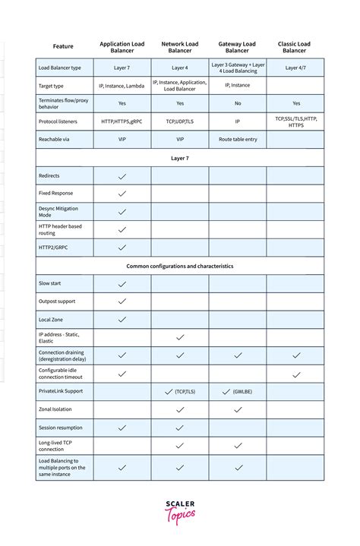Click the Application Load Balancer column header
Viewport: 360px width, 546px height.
tap(122, 47)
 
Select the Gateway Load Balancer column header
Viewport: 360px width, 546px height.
tap(237, 47)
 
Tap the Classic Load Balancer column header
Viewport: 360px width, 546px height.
tap(295, 47)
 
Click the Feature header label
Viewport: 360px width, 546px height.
tap(63, 47)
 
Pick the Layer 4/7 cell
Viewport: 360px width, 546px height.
tap(295, 68)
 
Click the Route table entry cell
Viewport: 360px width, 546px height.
tap(237, 140)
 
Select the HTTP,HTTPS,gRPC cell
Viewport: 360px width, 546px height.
tap(122, 122)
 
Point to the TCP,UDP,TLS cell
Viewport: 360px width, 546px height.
tap(180, 122)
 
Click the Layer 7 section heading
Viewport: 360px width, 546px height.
tap(180, 158)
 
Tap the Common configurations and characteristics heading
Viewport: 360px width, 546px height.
tap(180, 266)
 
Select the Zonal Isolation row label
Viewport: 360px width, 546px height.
tap(55, 409)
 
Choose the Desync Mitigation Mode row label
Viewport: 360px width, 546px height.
tap(58, 211)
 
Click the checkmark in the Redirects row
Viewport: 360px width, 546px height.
tap(122, 176)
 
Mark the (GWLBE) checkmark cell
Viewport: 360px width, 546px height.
tap(237, 392)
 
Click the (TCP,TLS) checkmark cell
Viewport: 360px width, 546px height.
tap(180, 392)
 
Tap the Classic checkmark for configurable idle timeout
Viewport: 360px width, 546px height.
tap(295, 374)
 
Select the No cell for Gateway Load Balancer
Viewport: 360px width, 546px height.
tap(237, 103)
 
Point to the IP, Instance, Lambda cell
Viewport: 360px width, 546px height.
tap(122, 86)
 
